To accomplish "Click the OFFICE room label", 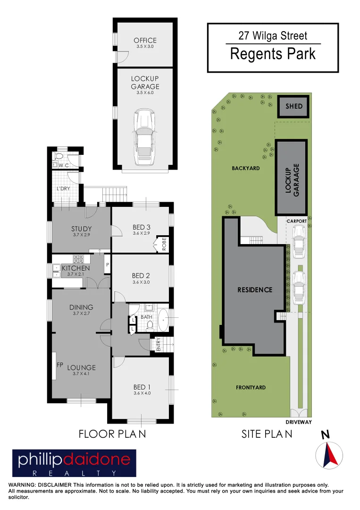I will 145,41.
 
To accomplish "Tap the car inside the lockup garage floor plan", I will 145,137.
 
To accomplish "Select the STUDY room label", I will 81,229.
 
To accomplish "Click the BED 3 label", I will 142,228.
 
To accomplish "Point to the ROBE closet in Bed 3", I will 164,245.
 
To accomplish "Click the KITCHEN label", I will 75,268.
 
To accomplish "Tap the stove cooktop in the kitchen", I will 78,259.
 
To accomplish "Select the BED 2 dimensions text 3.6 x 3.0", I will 141,282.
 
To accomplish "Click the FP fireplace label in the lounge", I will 60,365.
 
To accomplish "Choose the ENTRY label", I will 158,344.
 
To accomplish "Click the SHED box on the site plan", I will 293,106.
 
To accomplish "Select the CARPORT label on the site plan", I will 297,221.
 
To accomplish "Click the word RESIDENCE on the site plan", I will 255,289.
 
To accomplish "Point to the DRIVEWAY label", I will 299,422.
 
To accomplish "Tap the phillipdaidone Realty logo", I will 74,464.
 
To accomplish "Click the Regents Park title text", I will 273,54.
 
